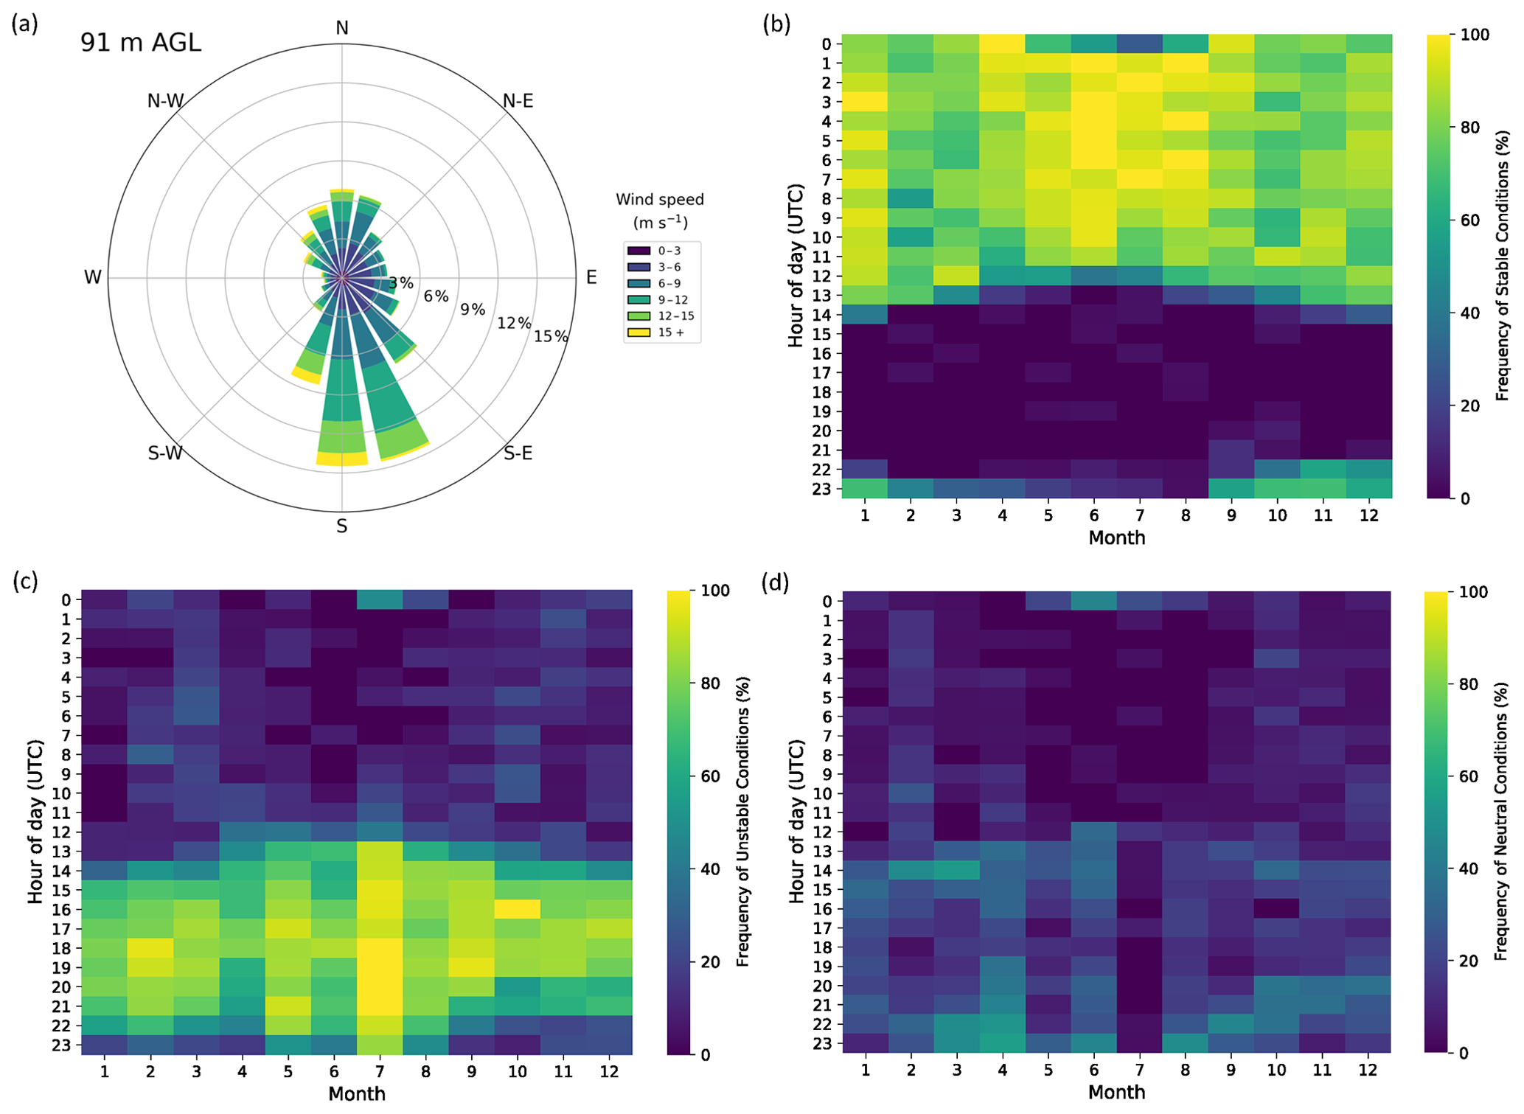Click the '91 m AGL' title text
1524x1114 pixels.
(x=141, y=43)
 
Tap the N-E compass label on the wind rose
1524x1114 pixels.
(x=518, y=101)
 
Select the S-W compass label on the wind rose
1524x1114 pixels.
(x=165, y=453)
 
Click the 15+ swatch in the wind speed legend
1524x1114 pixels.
(x=639, y=333)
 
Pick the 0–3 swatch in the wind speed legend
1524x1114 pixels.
(x=639, y=251)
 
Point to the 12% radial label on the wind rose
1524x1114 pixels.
(x=513, y=323)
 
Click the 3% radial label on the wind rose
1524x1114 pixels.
(x=402, y=283)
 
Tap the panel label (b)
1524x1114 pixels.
(x=776, y=24)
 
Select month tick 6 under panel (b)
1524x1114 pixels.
(x=1094, y=515)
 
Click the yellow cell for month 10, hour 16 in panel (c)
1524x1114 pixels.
(x=517, y=909)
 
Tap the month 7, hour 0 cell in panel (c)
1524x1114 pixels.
(x=379, y=600)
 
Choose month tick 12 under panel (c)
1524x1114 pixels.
(x=608, y=1071)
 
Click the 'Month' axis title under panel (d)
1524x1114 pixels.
(x=1116, y=1092)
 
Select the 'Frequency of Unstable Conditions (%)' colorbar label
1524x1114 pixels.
(x=743, y=822)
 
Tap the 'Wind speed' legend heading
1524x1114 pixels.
(x=660, y=200)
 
